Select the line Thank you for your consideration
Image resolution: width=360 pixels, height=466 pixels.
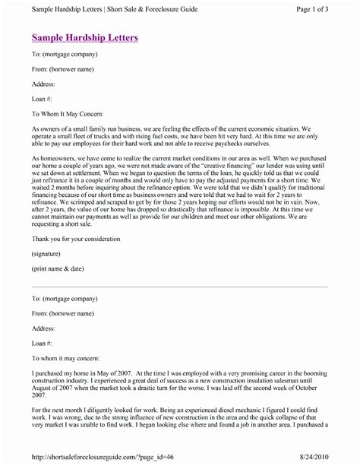pos(81,236)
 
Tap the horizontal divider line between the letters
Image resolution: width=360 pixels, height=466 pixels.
pos(179,287)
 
